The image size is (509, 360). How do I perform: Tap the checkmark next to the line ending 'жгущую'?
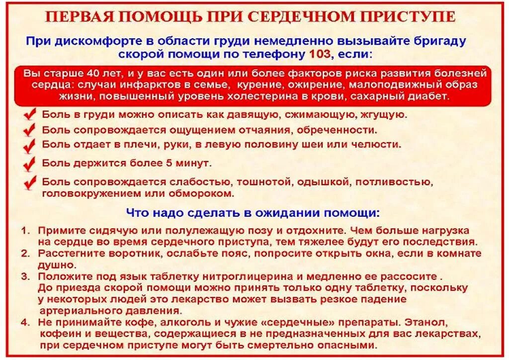click(x=30, y=115)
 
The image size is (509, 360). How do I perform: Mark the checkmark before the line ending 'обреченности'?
click(x=30, y=130)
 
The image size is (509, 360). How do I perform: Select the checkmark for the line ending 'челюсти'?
click(x=30, y=145)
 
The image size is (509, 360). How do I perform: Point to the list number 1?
click(x=25, y=231)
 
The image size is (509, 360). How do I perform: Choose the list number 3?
click(x=25, y=276)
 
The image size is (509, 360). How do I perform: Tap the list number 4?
click(x=25, y=322)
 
